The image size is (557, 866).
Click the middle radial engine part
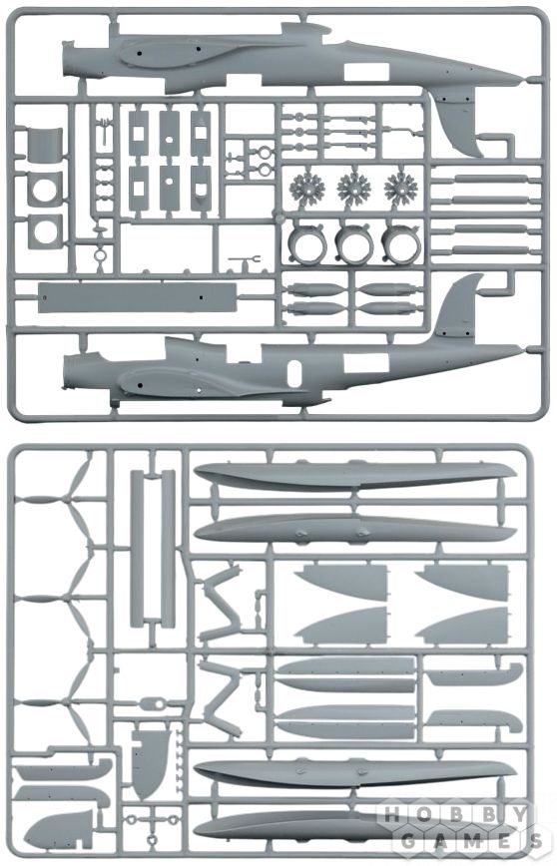coord(353,189)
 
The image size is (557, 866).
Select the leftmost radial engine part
coord(307,189)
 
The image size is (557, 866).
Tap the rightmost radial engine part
coord(401,189)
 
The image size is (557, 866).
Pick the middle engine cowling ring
coord(354,243)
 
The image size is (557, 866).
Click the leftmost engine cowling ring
coord(307,243)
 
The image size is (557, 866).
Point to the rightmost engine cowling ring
coord(401,243)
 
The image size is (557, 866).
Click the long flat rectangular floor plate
coord(138,297)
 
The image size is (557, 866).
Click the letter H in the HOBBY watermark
coord(391,815)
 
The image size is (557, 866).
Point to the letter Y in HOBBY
coord(520,815)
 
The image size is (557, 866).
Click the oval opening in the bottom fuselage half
coord(294,372)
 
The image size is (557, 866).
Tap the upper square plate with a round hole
coord(45,189)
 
